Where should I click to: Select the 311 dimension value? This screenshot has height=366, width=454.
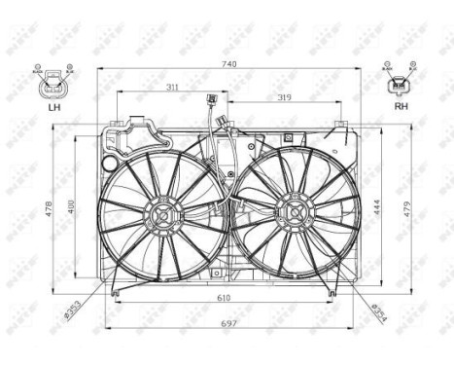tap(171, 88)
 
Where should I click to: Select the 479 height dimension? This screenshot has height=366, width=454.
tap(399, 208)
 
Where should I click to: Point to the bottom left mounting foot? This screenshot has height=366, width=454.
tap(115, 290)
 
